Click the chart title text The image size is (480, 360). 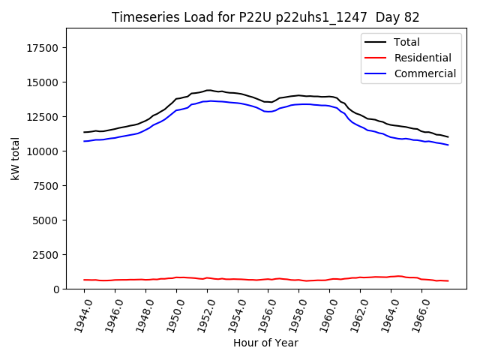click(265, 17)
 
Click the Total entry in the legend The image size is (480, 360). click(406, 43)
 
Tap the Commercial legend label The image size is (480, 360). click(424, 73)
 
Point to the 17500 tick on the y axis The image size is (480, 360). click(43, 49)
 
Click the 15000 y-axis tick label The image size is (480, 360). click(43, 82)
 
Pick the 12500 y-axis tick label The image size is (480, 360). click(43, 117)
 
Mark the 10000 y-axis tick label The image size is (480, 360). click(43, 151)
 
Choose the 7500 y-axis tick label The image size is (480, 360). click(46, 186)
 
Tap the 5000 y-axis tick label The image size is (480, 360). click(46, 220)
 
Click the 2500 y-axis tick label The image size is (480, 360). click(46, 255)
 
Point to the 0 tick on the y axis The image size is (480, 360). click(57, 289)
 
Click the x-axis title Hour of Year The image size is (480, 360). click(265, 343)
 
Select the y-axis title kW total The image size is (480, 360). click(15, 158)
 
